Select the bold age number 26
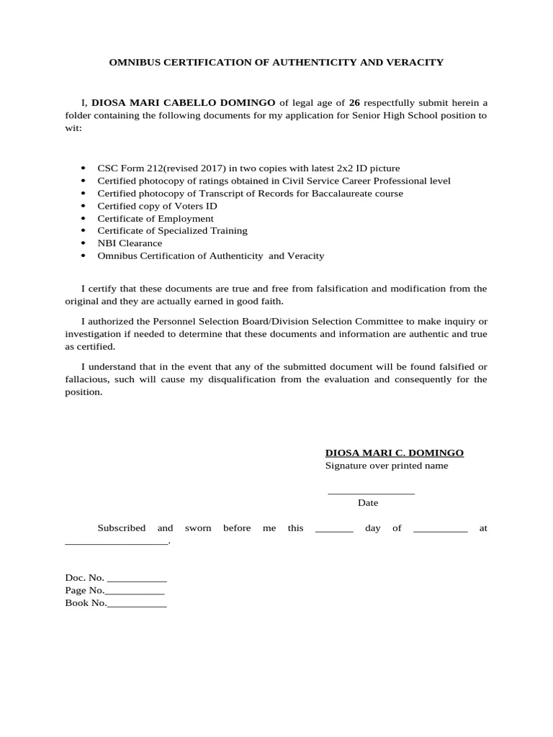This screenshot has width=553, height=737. tap(354, 103)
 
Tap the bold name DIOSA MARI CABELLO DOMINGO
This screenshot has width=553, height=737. tap(183, 103)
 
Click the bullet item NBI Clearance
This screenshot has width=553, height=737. tap(130, 243)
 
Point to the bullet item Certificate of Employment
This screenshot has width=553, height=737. tap(156, 218)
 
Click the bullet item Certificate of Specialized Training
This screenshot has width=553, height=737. tap(172, 230)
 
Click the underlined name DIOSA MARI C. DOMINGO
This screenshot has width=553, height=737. tap(395, 453)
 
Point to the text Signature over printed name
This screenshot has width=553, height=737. tap(387, 466)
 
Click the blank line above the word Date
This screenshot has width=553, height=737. tap(371, 493)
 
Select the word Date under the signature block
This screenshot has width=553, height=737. tap(368, 503)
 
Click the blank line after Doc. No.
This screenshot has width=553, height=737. tap(137, 579)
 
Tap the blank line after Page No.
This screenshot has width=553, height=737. tap(135, 592)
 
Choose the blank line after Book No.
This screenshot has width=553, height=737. tap(137, 605)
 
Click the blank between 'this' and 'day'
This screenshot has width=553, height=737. tap(334, 530)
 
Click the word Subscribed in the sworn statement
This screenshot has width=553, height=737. tap(122, 528)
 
